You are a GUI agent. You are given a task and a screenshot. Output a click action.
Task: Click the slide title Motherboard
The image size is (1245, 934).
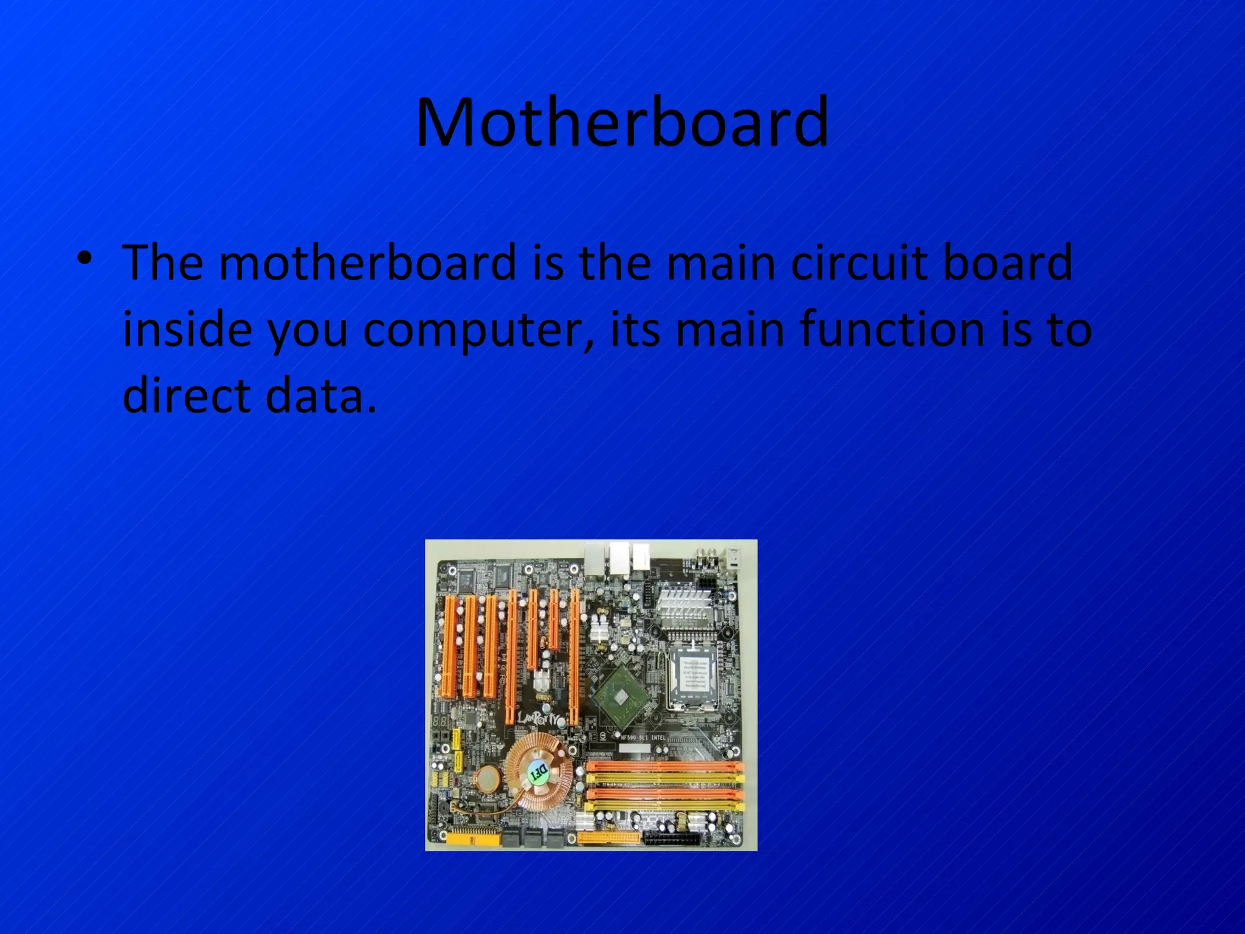(622, 123)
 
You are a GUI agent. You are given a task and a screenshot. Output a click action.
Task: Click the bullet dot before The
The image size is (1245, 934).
(84, 258)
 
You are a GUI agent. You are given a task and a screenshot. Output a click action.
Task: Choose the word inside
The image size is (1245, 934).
(187, 330)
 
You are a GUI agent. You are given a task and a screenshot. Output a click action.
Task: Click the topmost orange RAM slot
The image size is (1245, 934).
(664, 767)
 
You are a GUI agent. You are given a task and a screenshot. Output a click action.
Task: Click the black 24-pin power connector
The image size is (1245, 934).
(671, 839)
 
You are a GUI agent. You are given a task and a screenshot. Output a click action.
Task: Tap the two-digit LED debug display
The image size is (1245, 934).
(440, 721)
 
